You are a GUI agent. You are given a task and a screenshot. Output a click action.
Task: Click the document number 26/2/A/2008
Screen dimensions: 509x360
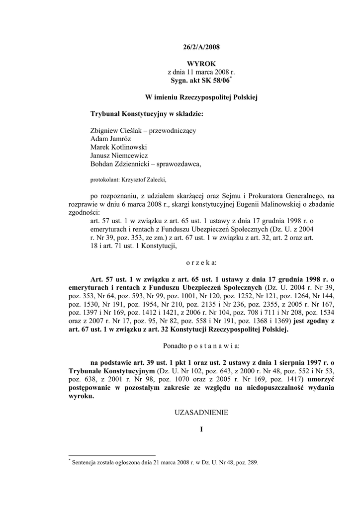click(198, 47)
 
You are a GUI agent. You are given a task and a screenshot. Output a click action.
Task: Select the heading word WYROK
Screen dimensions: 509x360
click(198, 64)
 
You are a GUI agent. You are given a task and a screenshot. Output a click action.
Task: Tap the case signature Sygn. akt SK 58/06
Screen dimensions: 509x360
click(197, 80)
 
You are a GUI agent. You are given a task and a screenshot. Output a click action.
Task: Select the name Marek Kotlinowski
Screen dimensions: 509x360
click(119, 147)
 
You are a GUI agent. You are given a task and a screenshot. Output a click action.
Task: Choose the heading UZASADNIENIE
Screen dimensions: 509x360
click(201, 413)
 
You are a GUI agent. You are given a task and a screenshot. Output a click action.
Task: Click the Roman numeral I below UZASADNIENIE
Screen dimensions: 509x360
click(201, 429)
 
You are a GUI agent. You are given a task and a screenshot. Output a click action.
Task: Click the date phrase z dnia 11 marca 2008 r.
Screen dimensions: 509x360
click(198, 72)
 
